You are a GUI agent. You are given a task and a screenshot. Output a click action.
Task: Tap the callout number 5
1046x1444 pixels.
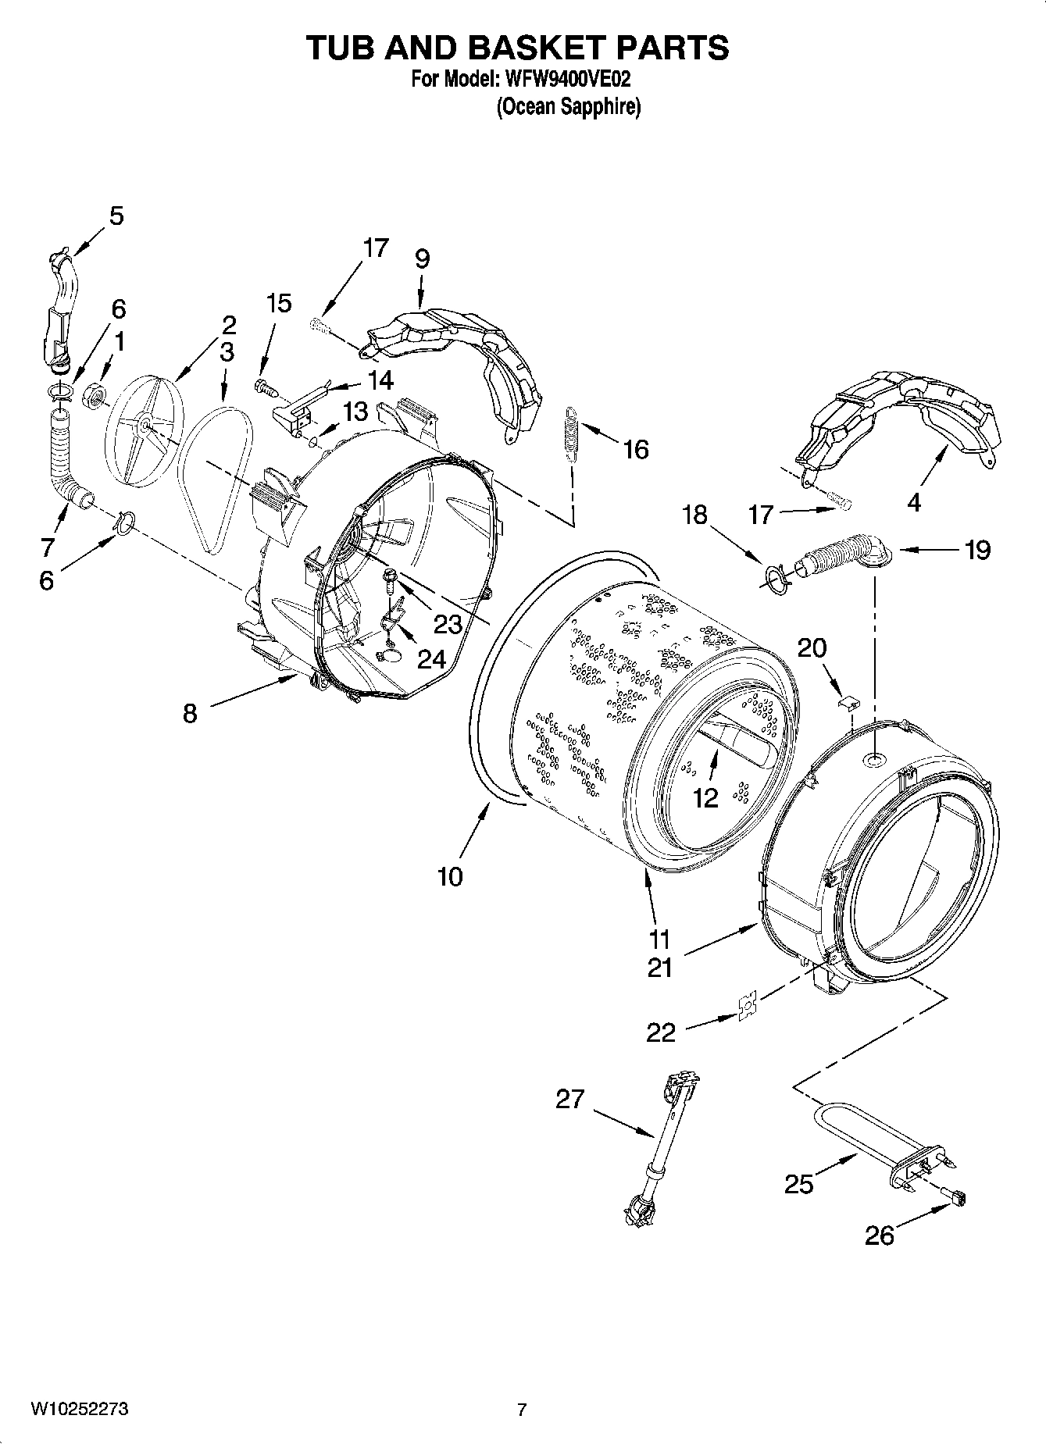pyautogui.click(x=116, y=216)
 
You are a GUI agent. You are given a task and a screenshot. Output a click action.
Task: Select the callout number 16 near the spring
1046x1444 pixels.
pyautogui.click(x=636, y=450)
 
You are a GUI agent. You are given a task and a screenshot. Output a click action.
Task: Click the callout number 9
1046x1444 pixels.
pyautogui.click(x=422, y=258)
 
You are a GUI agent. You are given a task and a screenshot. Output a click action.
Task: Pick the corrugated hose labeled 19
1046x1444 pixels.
pyautogui.click(x=836, y=553)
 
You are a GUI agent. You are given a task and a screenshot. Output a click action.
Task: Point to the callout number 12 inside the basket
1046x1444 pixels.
pyautogui.click(x=705, y=797)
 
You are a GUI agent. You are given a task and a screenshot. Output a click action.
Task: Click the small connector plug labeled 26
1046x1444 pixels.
pyautogui.click(x=955, y=1196)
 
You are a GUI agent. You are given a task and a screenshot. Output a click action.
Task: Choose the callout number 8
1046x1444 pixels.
pyautogui.click(x=190, y=713)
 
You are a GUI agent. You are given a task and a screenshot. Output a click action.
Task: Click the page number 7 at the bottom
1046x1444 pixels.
pyautogui.click(x=522, y=1410)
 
